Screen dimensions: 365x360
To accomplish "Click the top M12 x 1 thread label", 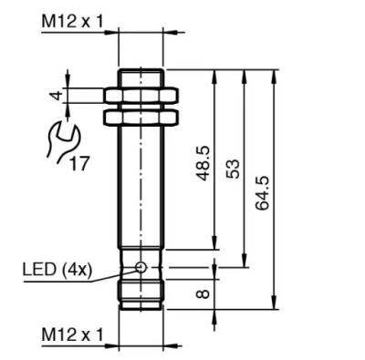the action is (72, 22).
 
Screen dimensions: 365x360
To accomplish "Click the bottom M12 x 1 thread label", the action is (72, 334).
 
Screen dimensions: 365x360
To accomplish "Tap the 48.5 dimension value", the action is (203, 163).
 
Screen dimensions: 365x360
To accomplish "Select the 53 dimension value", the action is (233, 169).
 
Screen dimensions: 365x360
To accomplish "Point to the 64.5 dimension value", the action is (262, 192).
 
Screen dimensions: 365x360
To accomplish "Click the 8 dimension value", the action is (203, 293).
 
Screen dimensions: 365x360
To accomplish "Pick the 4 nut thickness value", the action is (57, 96).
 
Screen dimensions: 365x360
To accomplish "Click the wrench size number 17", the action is (80, 163).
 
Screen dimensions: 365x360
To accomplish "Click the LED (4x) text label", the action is (57, 270).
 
